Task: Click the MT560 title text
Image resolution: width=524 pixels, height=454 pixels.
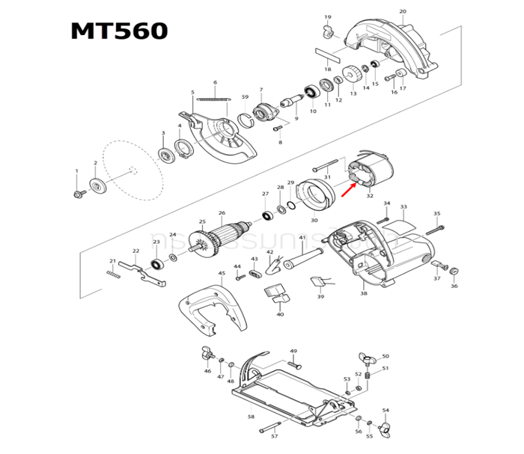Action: [119, 31]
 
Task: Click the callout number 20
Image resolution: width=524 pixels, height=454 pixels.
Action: [403, 11]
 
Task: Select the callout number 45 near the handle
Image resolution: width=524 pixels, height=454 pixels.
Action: [222, 274]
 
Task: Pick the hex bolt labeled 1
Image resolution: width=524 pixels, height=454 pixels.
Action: [77, 194]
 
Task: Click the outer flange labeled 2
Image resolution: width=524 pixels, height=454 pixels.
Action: [96, 185]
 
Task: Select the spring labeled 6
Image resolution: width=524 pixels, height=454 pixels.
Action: [214, 98]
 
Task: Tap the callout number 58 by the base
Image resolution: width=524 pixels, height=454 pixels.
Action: [251, 417]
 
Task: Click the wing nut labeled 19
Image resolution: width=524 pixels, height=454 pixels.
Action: [327, 30]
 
